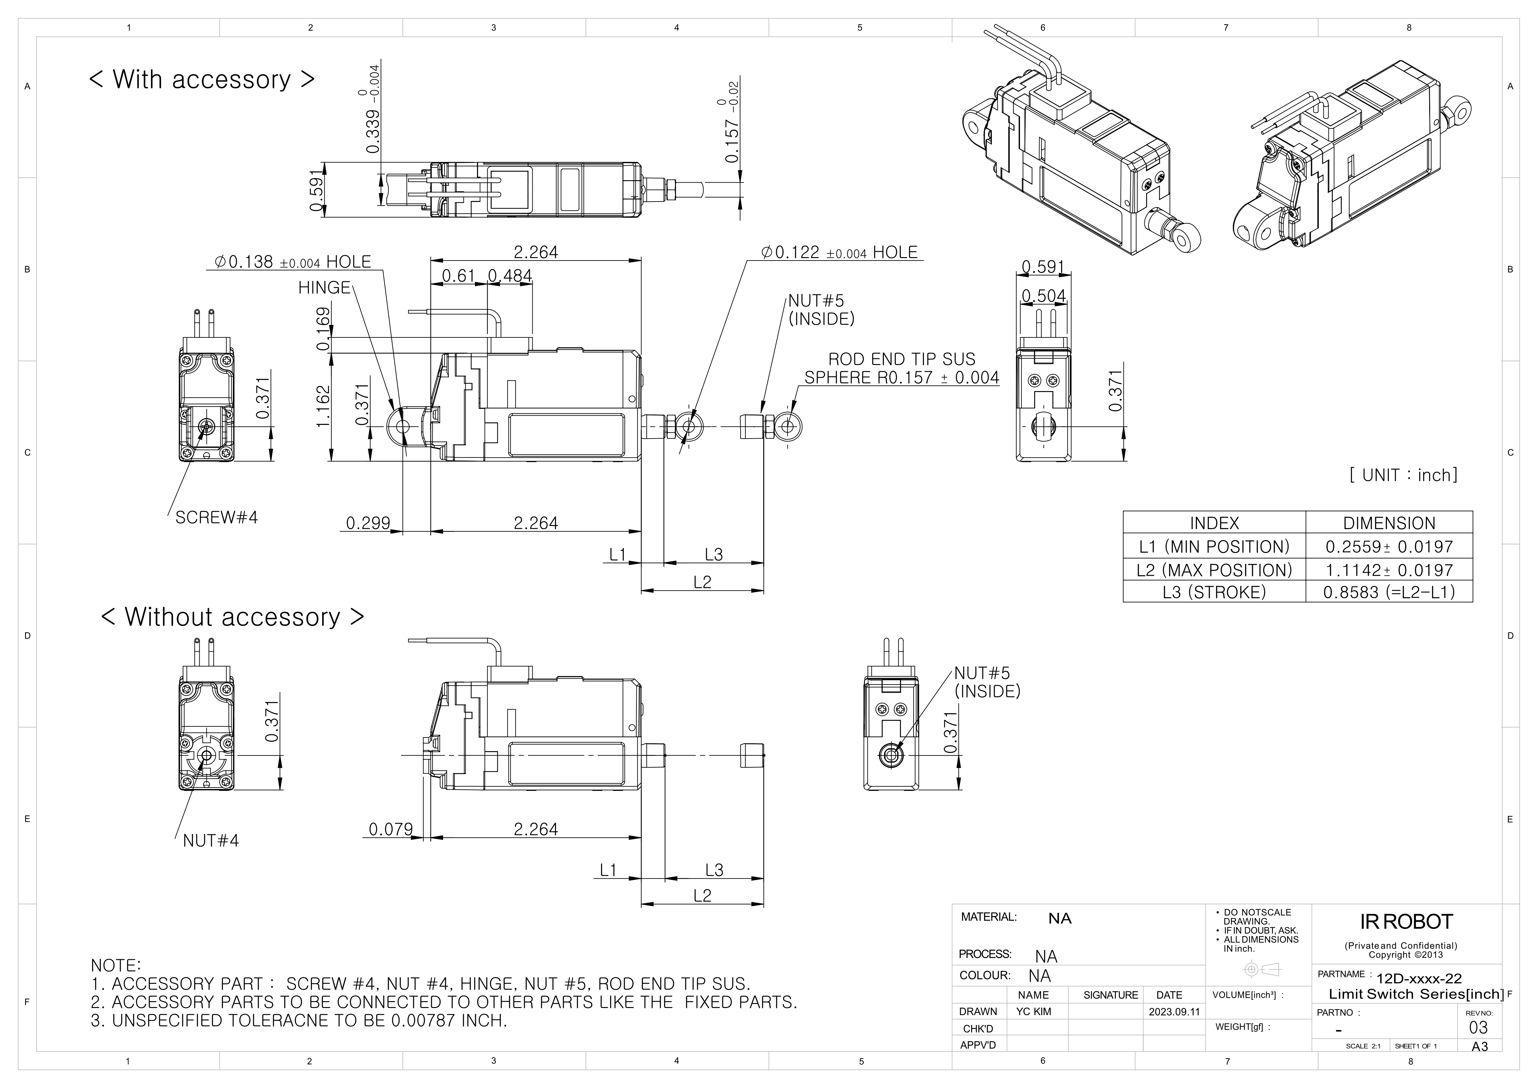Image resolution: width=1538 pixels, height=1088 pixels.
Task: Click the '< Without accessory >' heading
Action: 233,617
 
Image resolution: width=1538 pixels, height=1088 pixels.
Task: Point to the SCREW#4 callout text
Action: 216,517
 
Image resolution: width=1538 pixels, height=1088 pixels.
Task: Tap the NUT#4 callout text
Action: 211,841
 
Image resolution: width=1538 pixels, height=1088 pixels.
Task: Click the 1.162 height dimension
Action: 324,406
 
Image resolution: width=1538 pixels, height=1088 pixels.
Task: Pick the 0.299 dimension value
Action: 368,523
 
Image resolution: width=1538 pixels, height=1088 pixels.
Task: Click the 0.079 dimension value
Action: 391,829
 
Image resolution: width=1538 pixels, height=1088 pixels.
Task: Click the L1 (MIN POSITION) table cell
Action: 1214,547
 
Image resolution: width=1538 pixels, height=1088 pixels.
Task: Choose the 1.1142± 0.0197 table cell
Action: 1389,570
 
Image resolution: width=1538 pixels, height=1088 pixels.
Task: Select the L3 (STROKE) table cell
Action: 1214,592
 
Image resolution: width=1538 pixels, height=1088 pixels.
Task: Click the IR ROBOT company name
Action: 1406,922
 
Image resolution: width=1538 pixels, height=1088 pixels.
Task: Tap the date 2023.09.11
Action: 1174,1012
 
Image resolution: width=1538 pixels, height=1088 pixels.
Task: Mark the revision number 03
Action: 1478,1028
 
